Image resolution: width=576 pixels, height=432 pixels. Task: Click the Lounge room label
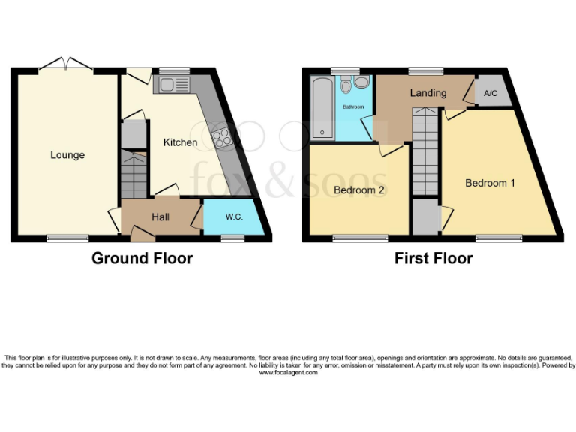point(67,155)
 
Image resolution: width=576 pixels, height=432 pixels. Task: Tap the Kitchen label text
point(181,142)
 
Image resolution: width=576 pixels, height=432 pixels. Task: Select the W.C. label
point(233,217)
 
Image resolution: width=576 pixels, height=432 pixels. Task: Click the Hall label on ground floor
point(160,217)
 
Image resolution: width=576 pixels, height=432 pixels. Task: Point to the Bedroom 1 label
point(490,183)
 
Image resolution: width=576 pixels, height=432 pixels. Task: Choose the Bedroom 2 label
point(359,190)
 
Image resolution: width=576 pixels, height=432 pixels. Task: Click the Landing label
point(428,93)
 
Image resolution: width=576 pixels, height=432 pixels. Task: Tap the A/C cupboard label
point(491,94)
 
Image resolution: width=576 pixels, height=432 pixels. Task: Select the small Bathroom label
point(353,107)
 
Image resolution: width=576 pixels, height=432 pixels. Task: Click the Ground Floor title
point(142,258)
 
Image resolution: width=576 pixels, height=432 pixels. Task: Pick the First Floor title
point(433,258)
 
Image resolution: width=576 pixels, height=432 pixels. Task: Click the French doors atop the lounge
point(66,66)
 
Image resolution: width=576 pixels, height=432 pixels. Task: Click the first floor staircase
point(425,150)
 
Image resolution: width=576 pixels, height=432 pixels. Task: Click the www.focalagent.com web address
point(288,372)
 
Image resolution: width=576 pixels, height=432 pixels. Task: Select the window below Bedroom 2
point(355,238)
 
